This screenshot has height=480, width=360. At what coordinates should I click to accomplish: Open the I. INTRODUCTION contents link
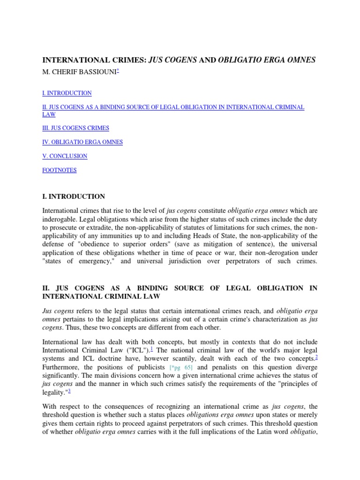pyautogui.click(x=67, y=93)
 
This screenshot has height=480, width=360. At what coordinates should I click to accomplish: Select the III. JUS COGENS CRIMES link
pyautogui.click(x=75, y=128)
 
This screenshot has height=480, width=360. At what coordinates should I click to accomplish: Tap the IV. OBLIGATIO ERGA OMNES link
pyautogui.click(x=82, y=142)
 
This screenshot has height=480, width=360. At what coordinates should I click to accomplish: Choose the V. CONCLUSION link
pyautogui.click(x=65, y=156)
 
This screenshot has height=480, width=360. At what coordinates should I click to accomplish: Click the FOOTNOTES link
pyautogui.click(x=60, y=170)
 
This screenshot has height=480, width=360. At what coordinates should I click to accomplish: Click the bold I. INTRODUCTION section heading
pyautogui.click(x=74, y=197)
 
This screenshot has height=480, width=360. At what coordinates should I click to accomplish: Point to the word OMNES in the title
pyautogui.click(x=301, y=60)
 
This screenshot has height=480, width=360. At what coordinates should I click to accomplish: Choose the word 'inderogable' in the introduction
pyautogui.click(x=60, y=219)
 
